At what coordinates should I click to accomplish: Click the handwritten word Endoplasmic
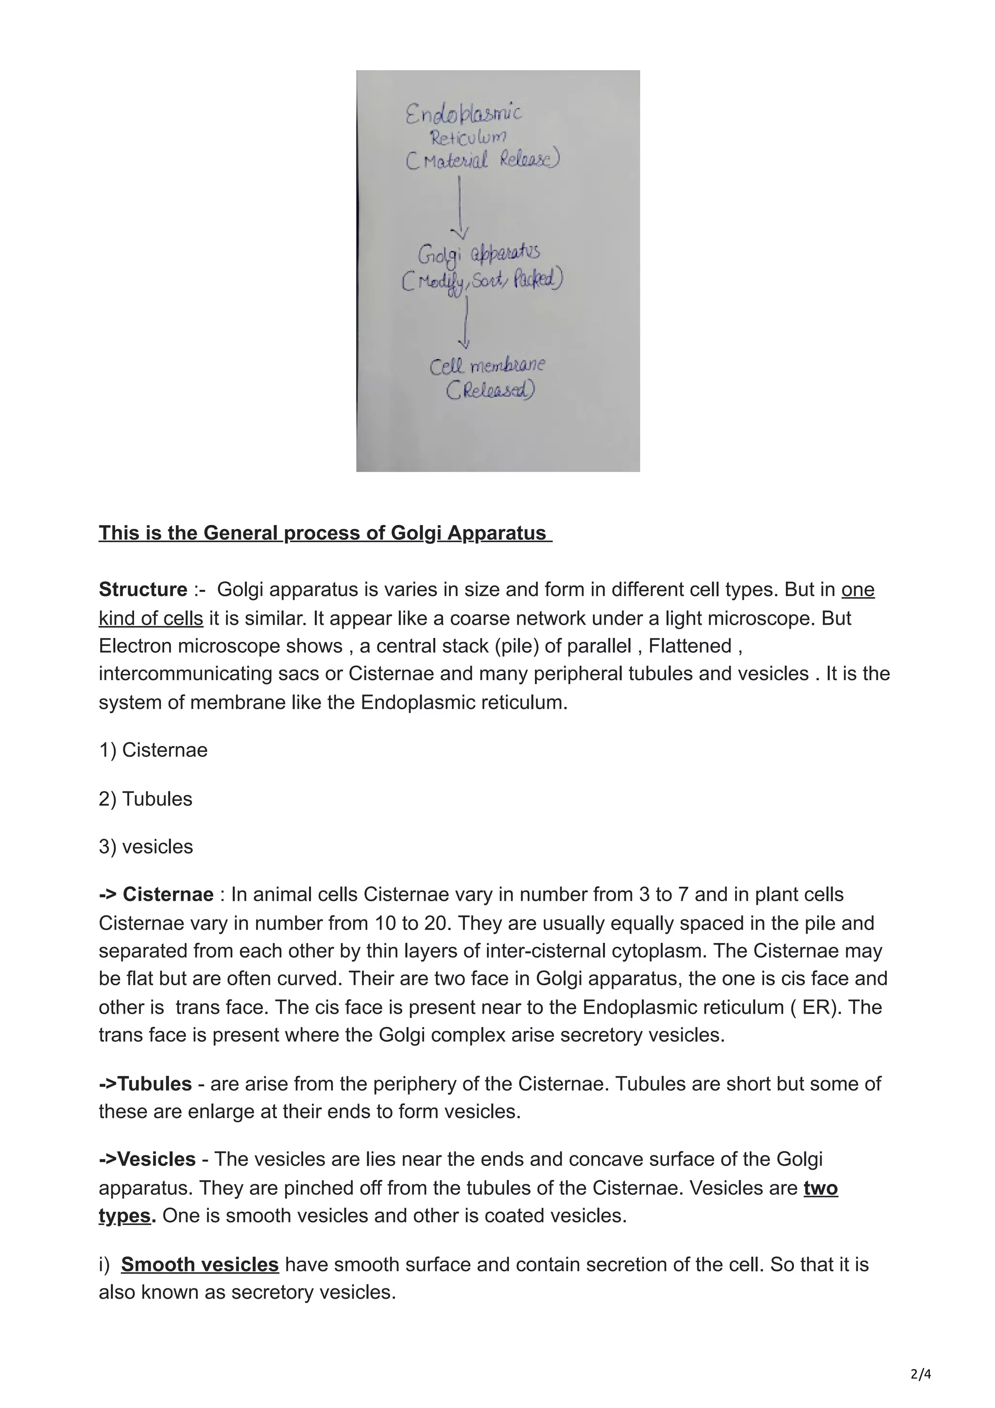463,114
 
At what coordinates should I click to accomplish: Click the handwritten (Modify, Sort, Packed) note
482,281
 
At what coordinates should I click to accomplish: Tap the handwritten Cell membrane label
487,367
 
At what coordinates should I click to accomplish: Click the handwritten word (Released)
490,391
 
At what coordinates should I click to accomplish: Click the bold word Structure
143,589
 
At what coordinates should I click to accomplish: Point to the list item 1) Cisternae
153,750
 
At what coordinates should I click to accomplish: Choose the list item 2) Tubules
145,798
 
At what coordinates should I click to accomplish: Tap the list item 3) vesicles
146,846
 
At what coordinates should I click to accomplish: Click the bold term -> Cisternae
156,895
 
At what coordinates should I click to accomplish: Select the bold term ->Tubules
145,1083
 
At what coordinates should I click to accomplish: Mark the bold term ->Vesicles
147,1159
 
